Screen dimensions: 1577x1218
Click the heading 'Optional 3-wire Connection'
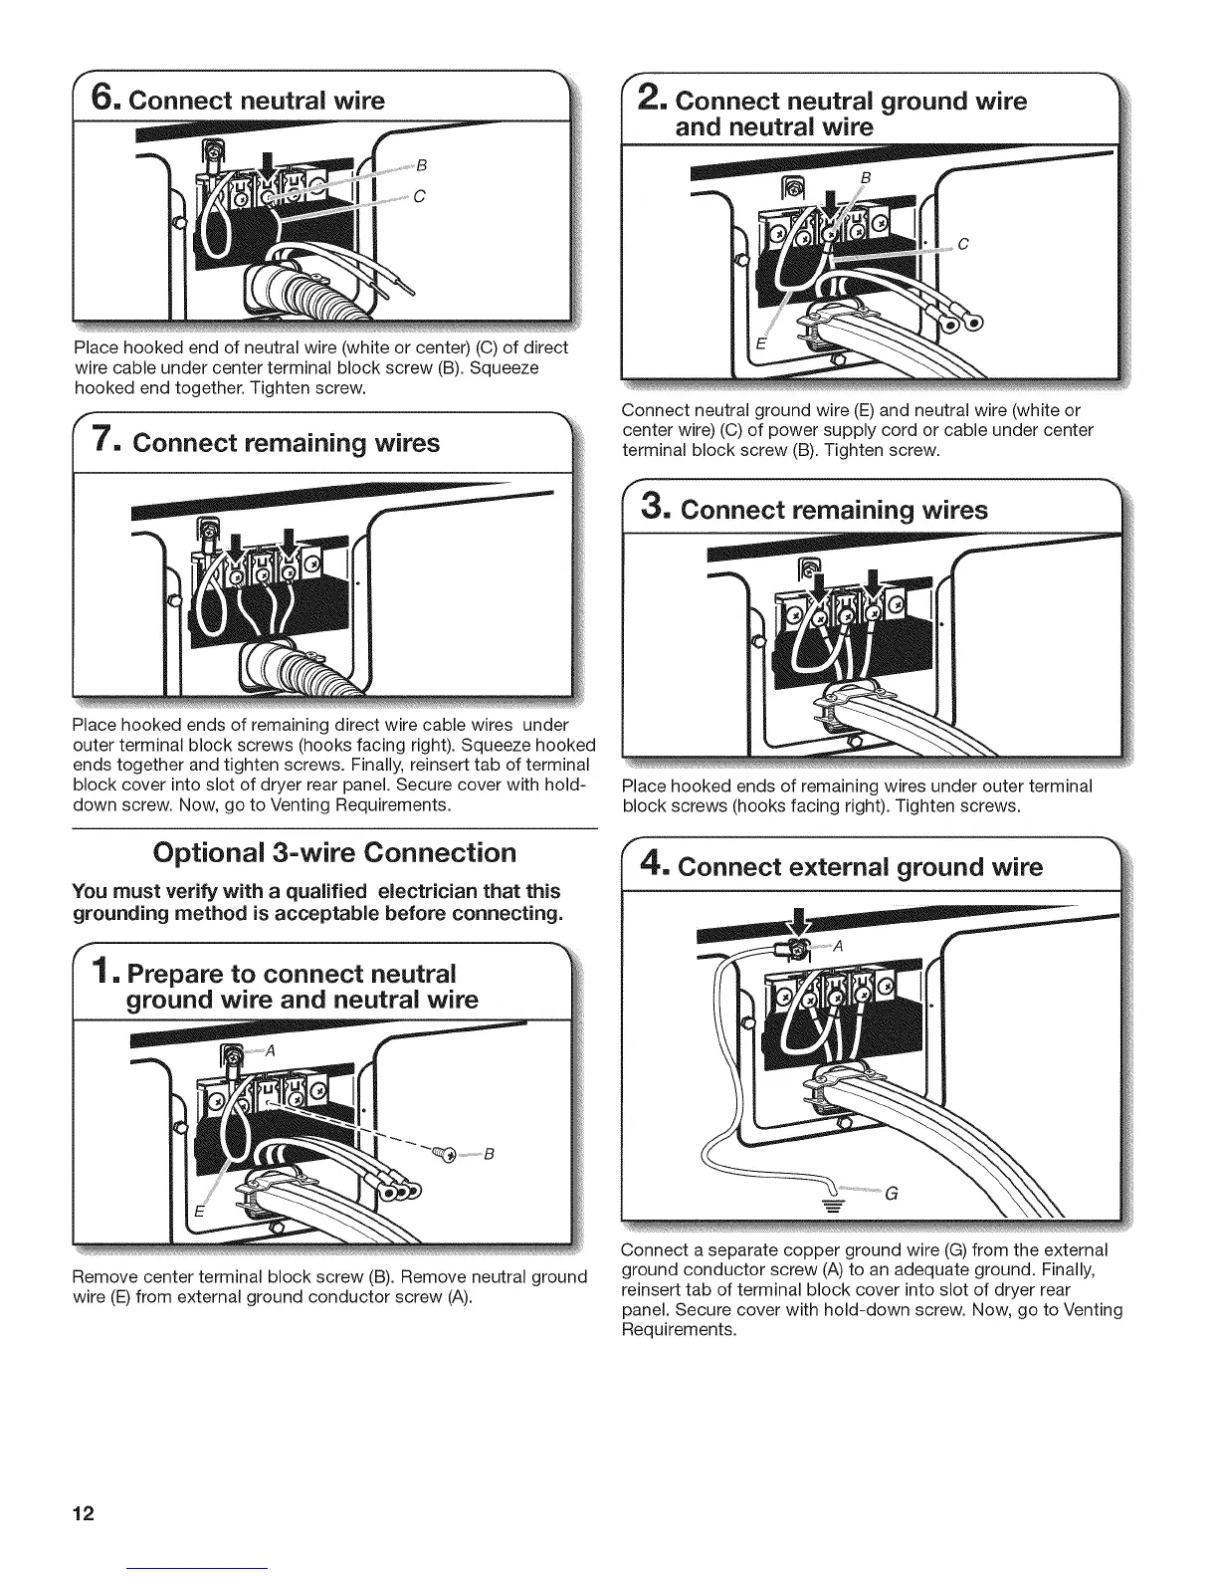click(333, 853)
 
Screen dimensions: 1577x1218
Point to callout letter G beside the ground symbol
click(891, 1195)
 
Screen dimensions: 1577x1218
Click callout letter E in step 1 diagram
click(198, 1212)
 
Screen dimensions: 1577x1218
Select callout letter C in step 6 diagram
click(419, 196)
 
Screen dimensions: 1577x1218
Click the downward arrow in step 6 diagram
click(266, 162)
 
